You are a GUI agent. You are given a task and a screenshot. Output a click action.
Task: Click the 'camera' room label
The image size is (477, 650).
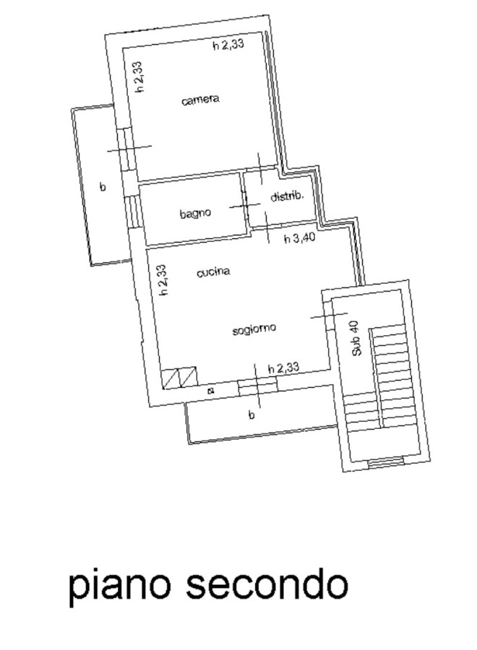(x=200, y=100)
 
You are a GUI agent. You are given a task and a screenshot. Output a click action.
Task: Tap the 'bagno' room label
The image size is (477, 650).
(x=195, y=213)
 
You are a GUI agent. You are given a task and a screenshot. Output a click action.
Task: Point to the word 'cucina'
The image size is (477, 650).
(x=213, y=272)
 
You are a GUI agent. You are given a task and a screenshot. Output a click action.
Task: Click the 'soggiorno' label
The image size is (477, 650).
(x=254, y=329)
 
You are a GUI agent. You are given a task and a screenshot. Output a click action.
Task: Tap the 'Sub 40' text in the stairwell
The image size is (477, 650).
(x=356, y=338)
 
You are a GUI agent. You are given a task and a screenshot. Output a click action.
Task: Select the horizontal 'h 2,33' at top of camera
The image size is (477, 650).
(x=228, y=44)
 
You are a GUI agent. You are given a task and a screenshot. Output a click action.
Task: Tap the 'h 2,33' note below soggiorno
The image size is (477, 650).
(x=284, y=368)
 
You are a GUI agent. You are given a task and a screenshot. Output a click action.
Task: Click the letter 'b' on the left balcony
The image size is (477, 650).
(x=103, y=186)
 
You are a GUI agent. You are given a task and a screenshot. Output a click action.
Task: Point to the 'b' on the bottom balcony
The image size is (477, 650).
(x=251, y=414)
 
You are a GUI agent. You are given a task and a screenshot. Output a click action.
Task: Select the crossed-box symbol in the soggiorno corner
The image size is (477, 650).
(x=180, y=378)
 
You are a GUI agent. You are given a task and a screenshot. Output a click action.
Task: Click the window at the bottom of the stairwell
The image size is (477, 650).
(x=386, y=461)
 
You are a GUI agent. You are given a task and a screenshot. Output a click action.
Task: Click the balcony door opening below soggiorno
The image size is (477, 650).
(x=257, y=387)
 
